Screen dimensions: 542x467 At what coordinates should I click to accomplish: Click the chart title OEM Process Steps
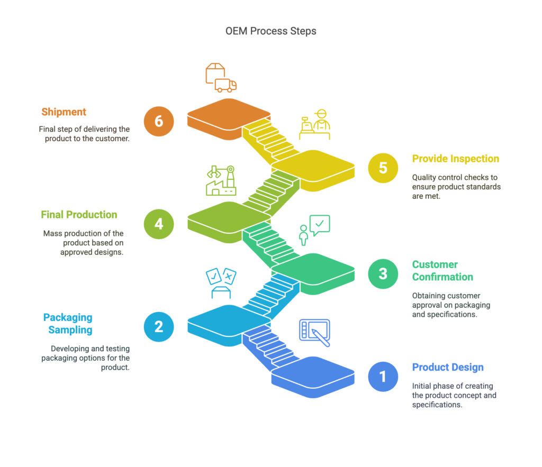click(x=270, y=31)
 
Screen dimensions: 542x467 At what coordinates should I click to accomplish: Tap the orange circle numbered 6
click(x=159, y=121)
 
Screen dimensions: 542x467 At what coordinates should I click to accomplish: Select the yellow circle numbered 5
click(x=383, y=168)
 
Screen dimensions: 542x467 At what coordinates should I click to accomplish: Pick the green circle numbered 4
click(x=159, y=224)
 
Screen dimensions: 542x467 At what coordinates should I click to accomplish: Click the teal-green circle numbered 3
click(x=383, y=273)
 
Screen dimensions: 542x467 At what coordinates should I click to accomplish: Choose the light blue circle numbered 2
click(x=159, y=327)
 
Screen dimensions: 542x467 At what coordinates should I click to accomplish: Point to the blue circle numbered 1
click(x=383, y=377)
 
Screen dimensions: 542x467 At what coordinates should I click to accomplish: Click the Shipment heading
click(x=64, y=112)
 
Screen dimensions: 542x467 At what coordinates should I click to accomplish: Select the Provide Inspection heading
click(x=456, y=159)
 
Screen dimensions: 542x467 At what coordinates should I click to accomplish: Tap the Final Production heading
click(x=79, y=215)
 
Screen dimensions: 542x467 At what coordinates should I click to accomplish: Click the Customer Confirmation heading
click(x=442, y=270)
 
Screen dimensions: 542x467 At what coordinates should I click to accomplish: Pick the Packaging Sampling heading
click(x=68, y=324)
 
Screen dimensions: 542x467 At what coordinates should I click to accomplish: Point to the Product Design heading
click(x=448, y=367)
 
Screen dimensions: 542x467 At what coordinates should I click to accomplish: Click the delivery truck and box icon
click(x=221, y=78)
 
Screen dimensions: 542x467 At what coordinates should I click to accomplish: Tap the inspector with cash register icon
click(x=314, y=124)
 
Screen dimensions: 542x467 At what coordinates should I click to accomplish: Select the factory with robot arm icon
click(x=221, y=180)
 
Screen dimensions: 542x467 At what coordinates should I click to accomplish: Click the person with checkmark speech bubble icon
click(x=314, y=230)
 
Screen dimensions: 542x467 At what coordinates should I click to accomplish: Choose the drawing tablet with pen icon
click(x=314, y=333)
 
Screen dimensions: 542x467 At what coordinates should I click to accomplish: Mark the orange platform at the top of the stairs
click(x=229, y=119)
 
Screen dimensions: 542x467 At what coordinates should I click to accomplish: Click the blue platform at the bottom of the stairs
click(x=313, y=377)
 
